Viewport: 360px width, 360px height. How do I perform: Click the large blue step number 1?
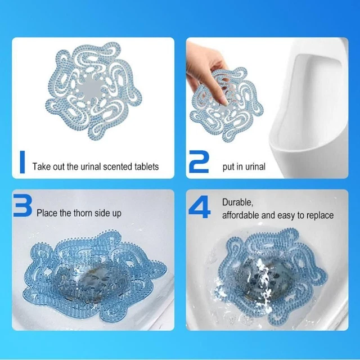click(22, 161)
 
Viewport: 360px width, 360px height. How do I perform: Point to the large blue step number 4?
click(199, 207)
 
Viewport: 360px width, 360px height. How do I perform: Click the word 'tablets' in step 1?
click(145, 166)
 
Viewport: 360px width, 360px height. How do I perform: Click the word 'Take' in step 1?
click(42, 166)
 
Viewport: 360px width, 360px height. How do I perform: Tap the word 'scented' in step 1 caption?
click(115, 166)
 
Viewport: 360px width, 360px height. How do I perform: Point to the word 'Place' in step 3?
click(47, 213)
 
